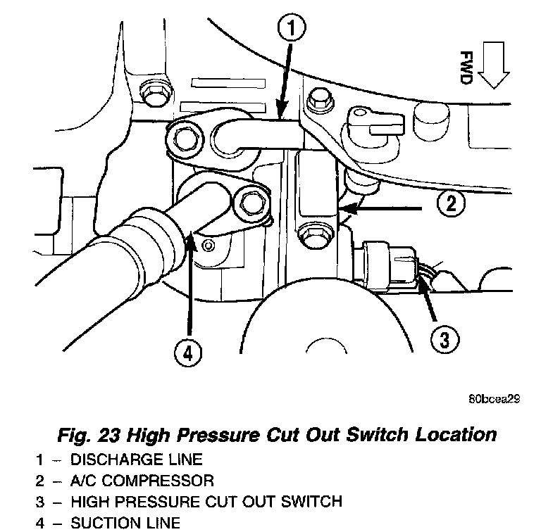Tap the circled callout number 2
[451, 204]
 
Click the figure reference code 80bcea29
[494, 398]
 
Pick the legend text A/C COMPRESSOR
[143, 481]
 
